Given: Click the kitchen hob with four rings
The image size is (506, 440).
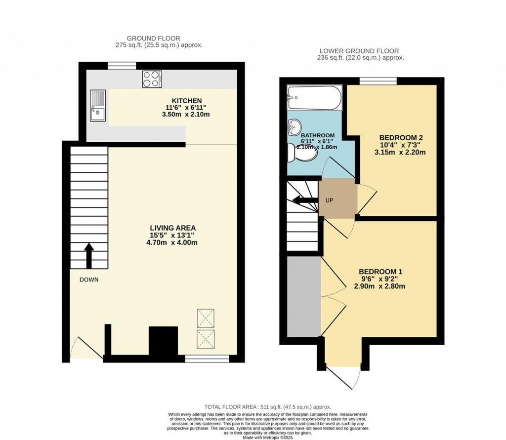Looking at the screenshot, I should coord(152,79).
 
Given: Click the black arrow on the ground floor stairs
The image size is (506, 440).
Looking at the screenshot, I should coord(89,254).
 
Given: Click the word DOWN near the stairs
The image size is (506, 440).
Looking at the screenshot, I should coord(89,280).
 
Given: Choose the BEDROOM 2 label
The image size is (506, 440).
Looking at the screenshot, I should coord(402,137).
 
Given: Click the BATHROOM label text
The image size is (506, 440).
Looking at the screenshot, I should coord(318,135).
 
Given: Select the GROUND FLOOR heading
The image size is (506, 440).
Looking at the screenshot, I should coord(154,38).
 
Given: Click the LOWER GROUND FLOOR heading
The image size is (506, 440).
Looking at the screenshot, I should coord(359,51).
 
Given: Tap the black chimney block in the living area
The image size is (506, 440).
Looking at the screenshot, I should coord(164,341).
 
